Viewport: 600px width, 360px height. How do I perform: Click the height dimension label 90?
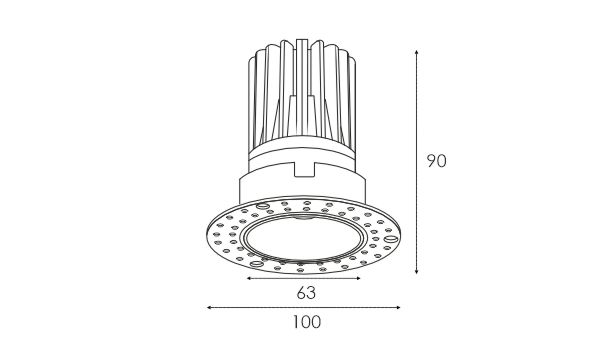pos(437,161)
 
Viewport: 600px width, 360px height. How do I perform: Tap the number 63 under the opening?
pos(306,293)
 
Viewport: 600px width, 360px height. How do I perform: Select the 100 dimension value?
pos(307,322)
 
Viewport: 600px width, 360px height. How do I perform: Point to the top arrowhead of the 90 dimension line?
pos(417,51)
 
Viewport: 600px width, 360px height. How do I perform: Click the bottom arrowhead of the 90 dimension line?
pos(417,271)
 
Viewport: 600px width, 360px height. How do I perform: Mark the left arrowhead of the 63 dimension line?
pos(249,279)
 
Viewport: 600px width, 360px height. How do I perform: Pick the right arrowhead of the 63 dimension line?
pos(358,279)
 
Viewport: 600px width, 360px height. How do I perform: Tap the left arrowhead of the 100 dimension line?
pos(209,307)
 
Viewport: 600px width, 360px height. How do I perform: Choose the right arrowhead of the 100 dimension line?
pos(398,307)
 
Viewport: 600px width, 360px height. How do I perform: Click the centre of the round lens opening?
pos(304,238)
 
